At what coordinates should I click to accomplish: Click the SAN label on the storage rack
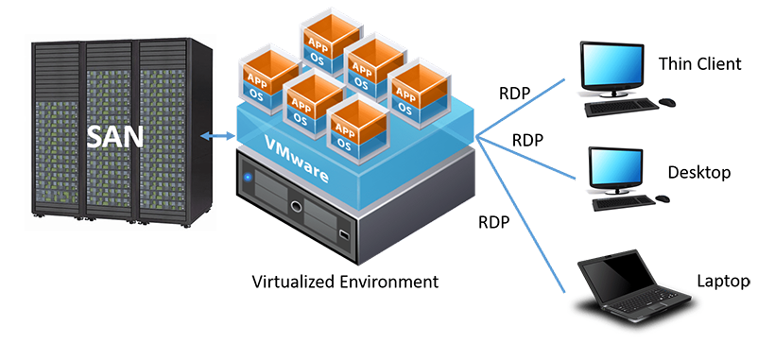tap(115, 136)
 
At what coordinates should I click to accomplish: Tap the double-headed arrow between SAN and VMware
tap(217, 135)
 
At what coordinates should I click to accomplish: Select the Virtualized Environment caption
tap(345, 282)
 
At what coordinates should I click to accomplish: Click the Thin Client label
tap(700, 63)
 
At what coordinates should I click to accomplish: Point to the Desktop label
tap(698, 172)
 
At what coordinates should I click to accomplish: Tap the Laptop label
tap(724, 281)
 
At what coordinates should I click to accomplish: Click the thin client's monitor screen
tap(612, 64)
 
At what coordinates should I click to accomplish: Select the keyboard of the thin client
tap(621, 107)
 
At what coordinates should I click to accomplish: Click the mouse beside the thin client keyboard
tap(667, 102)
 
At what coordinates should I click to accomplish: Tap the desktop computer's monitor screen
tap(614, 167)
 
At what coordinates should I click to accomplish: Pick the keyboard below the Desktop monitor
tap(623, 202)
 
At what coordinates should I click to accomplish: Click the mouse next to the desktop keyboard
tap(663, 198)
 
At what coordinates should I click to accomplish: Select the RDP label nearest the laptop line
tap(493, 222)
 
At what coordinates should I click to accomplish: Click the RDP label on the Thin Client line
tap(514, 94)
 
